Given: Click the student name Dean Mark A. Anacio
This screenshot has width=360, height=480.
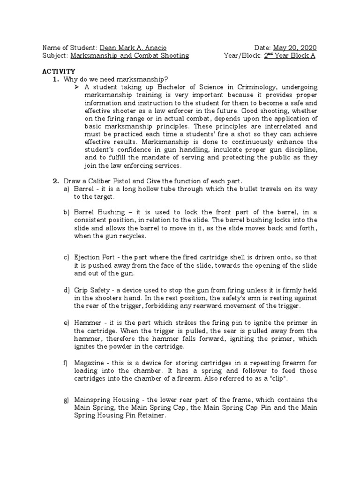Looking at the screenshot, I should (x=133, y=48).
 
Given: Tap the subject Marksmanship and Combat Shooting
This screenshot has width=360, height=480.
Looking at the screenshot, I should (x=129, y=55).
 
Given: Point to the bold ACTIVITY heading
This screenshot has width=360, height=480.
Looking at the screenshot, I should (x=59, y=71).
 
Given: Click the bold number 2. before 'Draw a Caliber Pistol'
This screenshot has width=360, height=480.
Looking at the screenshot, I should (x=55, y=180).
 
